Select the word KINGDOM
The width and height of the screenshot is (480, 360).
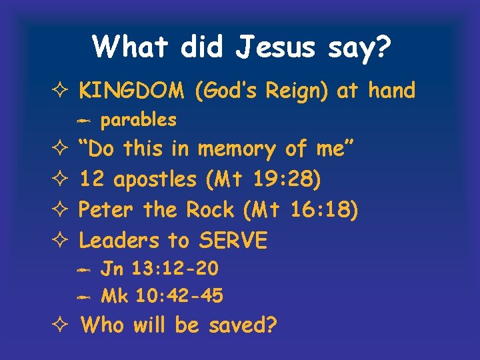133,91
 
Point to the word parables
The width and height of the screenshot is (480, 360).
138,120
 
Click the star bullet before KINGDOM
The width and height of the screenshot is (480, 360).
61,91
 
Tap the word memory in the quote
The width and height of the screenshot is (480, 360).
237,150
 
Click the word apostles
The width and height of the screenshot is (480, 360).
155,180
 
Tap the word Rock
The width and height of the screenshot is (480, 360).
210,210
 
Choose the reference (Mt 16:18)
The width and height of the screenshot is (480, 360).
301,210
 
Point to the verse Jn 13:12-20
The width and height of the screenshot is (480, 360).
159,269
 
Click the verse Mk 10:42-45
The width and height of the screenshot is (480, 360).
161,296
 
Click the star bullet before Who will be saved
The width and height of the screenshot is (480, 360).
61,326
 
